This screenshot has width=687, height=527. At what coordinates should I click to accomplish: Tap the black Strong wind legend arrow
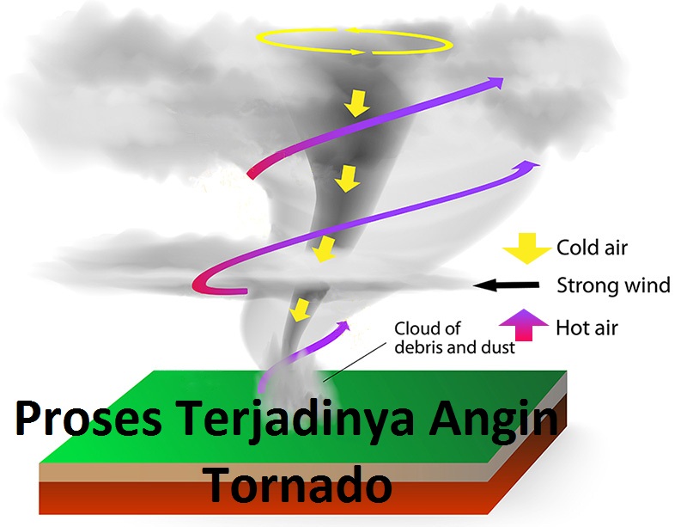coord(508,285)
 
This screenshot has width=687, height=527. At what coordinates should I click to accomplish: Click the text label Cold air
coord(592,248)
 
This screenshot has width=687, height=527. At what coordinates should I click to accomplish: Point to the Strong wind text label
coord(613,285)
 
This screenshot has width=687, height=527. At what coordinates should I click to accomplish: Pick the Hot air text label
coord(587,328)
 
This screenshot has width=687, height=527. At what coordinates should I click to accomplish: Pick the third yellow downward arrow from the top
coord(322,250)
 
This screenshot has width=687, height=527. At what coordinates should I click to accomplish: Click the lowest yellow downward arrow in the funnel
coord(300,309)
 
